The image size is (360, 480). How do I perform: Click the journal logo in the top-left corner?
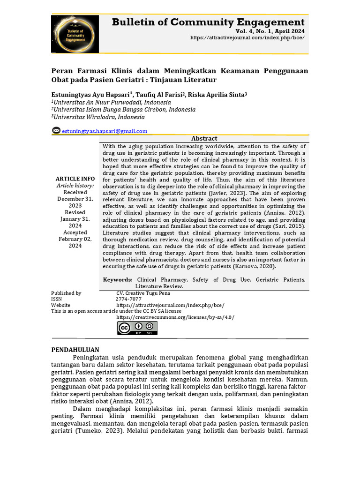tap(75, 34)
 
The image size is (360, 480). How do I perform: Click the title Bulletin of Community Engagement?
tap(208, 22)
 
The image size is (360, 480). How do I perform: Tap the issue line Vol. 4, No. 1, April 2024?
tap(270, 30)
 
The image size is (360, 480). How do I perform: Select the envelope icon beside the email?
tap(56, 131)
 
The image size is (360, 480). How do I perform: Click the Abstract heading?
tap(204, 138)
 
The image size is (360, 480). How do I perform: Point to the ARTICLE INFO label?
tap(75, 179)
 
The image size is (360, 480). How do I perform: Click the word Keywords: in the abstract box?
tap(117, 279)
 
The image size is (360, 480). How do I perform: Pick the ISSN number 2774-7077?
tap(128, 299)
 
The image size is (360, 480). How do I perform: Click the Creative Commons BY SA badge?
tap(137, 328)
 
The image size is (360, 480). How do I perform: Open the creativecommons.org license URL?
tap(175, 317)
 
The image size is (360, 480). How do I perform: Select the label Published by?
tap(66, 293)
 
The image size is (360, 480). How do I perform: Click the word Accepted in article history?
tap(75, 232)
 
